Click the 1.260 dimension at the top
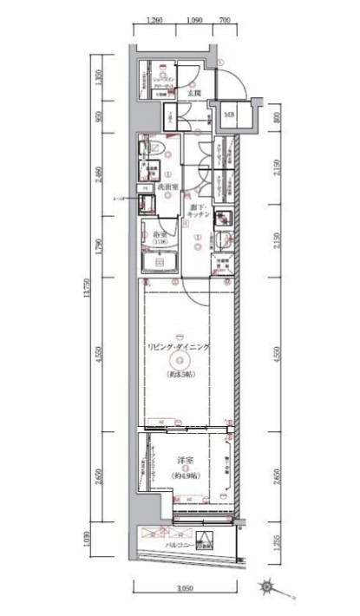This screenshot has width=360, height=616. coord(156,19)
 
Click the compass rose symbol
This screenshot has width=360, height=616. coord(272,587)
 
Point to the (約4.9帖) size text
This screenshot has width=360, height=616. coord(185,476)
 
